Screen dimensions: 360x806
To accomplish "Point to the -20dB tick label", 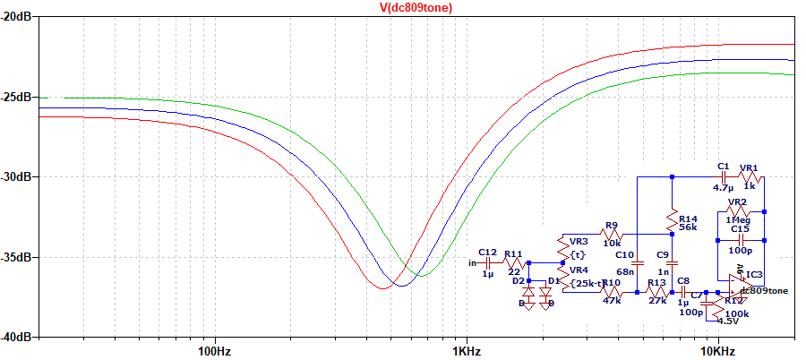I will [19, 17].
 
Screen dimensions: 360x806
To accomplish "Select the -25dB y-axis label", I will [19, 97].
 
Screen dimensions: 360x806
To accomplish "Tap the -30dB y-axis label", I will [19, 177].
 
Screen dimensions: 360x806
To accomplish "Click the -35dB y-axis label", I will [19, 258].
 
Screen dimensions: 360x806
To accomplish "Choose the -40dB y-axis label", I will [19, 338].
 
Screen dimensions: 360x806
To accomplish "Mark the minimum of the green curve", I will [421, 276].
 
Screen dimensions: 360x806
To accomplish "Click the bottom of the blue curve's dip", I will [401, 286].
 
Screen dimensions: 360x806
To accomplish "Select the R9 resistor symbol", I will [612, 234].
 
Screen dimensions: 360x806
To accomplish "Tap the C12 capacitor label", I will [488, 253].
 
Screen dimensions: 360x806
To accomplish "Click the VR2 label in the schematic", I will [737, 201].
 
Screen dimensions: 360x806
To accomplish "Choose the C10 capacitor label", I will [624, 256].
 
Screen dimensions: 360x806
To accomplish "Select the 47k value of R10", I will [612, 302].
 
